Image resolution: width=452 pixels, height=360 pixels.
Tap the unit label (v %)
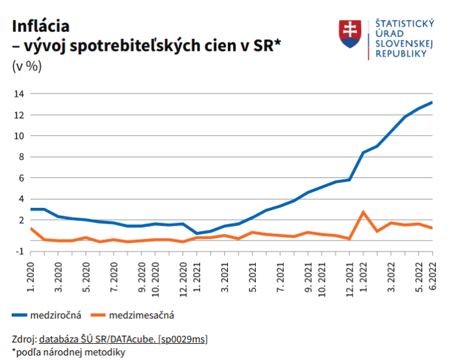(x=27, y=66)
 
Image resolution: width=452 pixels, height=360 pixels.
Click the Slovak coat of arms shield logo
(x=349, y=34)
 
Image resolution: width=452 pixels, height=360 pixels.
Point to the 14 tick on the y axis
(x=19, y=94)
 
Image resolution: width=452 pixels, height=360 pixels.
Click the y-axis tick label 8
(x=21, y=157)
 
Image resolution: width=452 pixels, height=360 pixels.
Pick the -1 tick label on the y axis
(x=19, y=251)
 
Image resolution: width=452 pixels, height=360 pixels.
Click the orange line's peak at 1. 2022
(x=364, y=212)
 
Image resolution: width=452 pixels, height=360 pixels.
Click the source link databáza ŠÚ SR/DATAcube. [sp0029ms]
(x=123, y=339)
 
